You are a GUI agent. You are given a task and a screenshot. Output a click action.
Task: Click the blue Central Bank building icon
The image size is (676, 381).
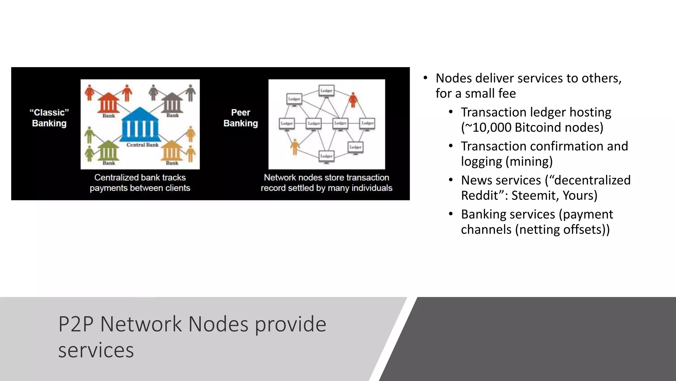coord(140,125)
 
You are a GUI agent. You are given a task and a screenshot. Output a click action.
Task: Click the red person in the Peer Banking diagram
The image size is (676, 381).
coord(353,100)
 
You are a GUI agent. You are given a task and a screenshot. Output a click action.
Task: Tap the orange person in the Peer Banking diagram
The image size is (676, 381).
coord(295,147)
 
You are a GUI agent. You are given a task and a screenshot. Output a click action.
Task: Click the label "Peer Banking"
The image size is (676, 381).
coord(241,118)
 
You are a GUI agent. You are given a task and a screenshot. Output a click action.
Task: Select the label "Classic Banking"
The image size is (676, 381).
coord(49,118)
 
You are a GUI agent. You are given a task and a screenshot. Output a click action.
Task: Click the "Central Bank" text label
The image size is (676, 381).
coord(142,145)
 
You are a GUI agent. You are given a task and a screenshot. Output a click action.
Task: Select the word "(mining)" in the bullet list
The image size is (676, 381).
coord(529,162)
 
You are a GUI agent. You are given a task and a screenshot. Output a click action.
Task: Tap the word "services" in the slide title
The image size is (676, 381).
coord(96,350)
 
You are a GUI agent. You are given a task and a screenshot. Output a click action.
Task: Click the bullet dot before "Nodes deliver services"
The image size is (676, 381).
coord(425,78)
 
